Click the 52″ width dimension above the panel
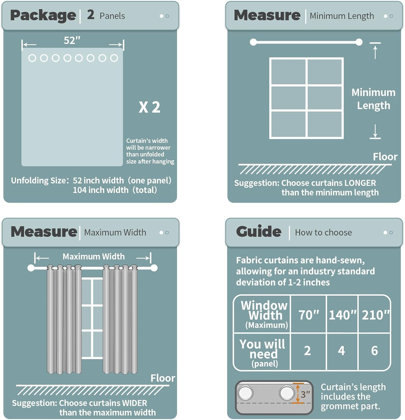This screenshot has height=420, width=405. [72, 40]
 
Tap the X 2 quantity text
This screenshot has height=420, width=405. [149, 107]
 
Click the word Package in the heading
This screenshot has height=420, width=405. [43, 15]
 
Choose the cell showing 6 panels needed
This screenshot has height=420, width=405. [374, 351]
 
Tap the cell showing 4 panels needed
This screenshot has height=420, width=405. [341, 351]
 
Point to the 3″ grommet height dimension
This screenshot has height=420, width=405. [305, 394]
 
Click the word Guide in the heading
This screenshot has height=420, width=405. [259, 231]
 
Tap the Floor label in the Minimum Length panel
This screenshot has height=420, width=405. [385, 157]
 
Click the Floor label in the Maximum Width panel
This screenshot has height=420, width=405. [163, 378]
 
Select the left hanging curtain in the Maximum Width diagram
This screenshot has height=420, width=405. [64, 319]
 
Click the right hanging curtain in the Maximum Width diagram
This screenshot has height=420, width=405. [120, 319]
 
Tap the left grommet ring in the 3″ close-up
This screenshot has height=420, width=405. [246, 393]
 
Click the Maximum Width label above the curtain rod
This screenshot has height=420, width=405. [93, 256]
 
